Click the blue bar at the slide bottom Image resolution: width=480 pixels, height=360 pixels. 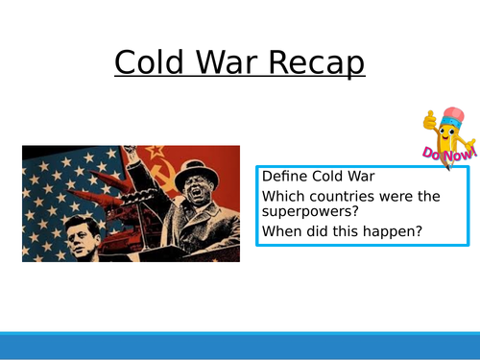point(240,346)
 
